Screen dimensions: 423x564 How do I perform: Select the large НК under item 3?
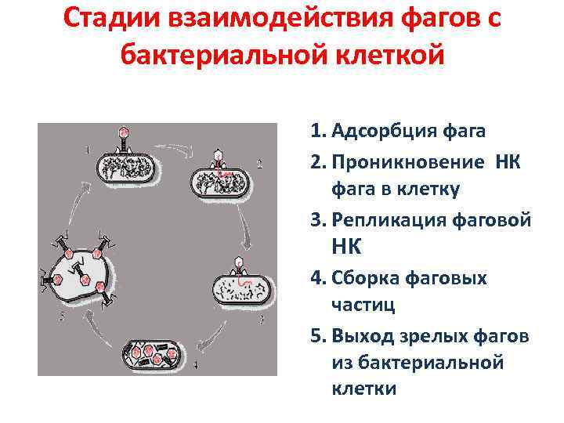[x=347, y=248]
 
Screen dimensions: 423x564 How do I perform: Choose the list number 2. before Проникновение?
[x=318, y=161]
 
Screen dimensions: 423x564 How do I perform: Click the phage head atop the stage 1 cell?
[x=123, y=132]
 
